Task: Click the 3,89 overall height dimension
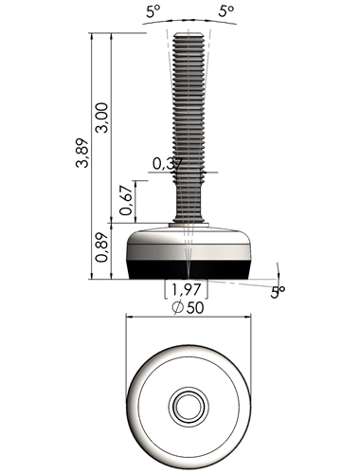82,153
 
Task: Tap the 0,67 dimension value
126,200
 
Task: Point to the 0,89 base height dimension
101,247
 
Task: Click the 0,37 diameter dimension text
168,164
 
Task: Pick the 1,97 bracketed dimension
186,289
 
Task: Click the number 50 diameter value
195,307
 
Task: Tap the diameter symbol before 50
178,308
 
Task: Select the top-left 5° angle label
153,11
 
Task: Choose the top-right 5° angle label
226,11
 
